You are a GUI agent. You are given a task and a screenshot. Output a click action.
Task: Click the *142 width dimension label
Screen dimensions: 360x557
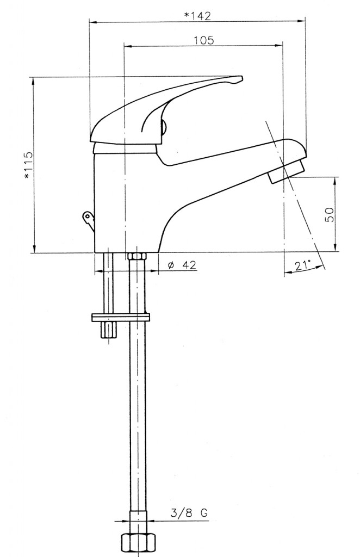pyautogui.click(x=197, y=16)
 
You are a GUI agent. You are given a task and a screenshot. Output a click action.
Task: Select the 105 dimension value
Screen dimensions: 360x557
pyautogui.click(x=204, y=40)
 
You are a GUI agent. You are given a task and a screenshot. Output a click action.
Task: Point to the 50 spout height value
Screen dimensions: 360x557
pyautogui.click(x=330, y=214)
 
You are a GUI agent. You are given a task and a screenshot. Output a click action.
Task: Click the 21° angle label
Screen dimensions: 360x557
pyautogui.click(x=302, y=265)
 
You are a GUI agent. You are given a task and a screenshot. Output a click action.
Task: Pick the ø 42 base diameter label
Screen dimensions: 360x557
pyautogui.click(x=182, y=265)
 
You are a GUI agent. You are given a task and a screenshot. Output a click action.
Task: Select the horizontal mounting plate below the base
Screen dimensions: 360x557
pyautogui.click(x=121, y=317)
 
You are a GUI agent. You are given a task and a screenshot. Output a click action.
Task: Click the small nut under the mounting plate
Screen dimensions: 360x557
pyautogui.click(x=108, y=330)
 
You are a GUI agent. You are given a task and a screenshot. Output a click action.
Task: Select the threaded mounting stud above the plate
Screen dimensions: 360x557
pyautogui.click(x=108, y=283)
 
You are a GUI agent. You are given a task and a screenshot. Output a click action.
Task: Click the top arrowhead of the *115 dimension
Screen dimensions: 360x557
pyautogui.click(x=34, y=82)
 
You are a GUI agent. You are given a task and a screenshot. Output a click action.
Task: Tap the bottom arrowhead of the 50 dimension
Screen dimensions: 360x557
pyautogui.click(x=335, y=247)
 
